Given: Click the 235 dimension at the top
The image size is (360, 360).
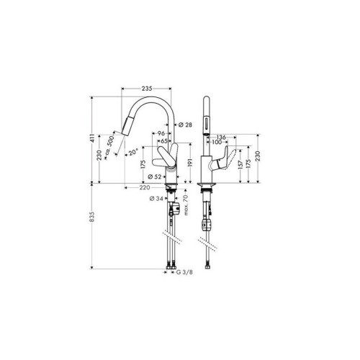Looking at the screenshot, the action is [x=147, y=89].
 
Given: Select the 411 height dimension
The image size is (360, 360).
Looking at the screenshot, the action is [x=92, y=138].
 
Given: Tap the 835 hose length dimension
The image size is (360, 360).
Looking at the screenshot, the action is [x=92, y=217].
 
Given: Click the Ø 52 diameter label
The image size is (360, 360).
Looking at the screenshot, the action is [x=155, y=177].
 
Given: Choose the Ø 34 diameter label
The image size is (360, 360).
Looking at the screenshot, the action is [x=156, y=199].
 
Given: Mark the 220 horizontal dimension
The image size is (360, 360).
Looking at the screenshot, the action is [x=145, y=187].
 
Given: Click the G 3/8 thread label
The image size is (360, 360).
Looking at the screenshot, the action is [x=184, y=272].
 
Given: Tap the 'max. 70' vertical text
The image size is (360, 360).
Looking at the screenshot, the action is [x=186, y=205].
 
